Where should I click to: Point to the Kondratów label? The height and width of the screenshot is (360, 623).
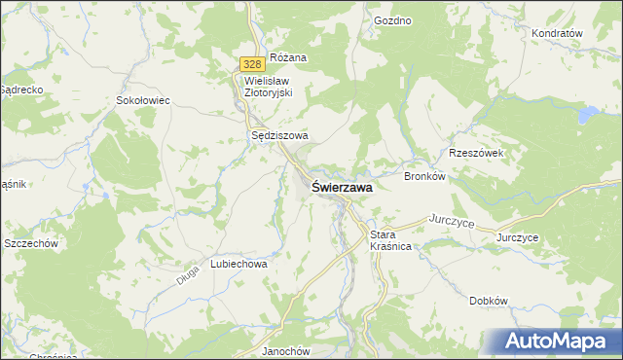tap(557, 33)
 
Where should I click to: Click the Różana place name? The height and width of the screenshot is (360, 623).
tap(288, 57)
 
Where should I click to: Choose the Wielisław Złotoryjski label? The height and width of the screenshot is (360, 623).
tap(275, 88)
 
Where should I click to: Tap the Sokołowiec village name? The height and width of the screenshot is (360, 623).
tap(143, 100)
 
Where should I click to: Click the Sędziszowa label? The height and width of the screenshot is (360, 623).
tap(279, 136)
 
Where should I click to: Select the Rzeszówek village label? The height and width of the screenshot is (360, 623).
tap(475, 153)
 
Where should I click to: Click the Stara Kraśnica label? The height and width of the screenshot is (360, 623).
tap(390, 241)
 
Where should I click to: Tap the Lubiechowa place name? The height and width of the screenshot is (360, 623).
tap(238, 264)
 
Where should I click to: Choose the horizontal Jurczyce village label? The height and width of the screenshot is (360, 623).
tap(517, 237)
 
